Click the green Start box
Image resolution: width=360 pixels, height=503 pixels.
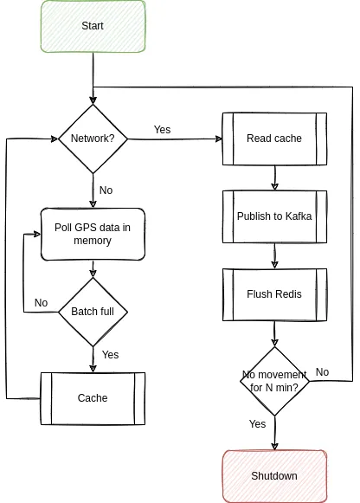point(93,26)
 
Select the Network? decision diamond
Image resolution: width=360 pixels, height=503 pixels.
point(93,139)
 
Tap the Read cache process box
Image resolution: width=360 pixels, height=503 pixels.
point(274,139)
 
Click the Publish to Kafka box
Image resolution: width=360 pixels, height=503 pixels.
point(274,216)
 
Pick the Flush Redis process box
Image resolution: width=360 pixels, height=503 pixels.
point(274,293)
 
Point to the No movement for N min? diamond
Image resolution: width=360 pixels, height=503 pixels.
point(274,381)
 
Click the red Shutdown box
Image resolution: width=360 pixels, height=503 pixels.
point(274,476)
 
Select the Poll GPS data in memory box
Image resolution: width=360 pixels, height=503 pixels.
point(93,234)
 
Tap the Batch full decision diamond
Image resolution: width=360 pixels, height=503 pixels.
point(93,312)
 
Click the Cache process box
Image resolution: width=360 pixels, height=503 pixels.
point(93,398)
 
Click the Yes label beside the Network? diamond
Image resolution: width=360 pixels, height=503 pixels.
point(162,130)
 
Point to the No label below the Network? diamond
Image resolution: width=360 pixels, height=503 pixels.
point(106,190)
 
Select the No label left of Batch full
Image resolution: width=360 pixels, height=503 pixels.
point(41,303)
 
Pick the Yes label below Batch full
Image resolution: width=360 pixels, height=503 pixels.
point(110,355)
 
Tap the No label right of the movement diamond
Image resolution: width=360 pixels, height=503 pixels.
point(322,372)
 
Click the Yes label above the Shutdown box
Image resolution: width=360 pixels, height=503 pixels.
point(257,424)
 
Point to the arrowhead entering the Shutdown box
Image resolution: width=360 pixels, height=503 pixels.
point(274,445)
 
